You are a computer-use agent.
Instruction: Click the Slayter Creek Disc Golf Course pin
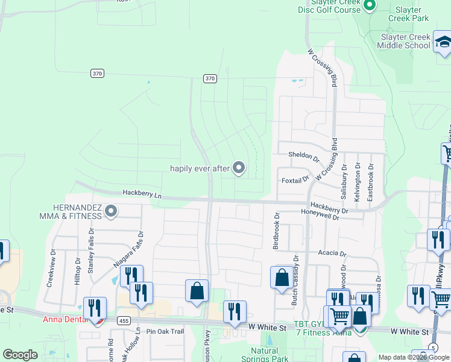(x=370, y=5)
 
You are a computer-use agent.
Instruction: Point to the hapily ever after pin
(x=239, y=168)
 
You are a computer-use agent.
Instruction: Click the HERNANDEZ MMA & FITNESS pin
(x=110, y=211)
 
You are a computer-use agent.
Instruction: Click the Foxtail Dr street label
(x=295, y=179)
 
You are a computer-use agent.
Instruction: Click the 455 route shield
(x=123, y=320)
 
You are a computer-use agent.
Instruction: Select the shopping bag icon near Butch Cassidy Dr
(x=282, y=278)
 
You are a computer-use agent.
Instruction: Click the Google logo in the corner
(x=20, y=355)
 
